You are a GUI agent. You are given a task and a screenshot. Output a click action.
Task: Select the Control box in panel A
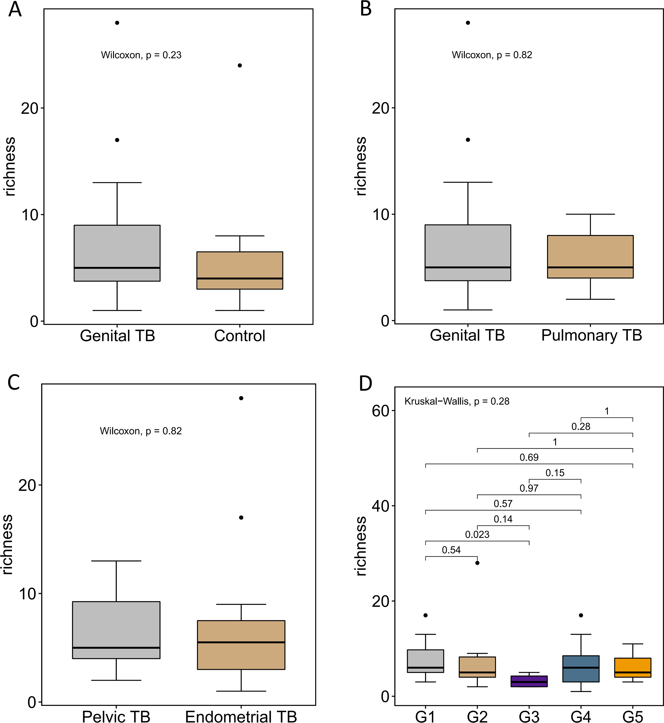[x=240, y=270]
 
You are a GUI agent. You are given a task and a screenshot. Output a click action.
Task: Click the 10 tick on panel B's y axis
[x=381, y=214]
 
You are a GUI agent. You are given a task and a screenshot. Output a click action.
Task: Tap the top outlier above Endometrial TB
[x=241, y=398]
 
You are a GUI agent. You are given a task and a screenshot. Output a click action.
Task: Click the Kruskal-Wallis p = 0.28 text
[x=457, y=401]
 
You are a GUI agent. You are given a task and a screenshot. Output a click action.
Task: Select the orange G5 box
[x=633, y=667]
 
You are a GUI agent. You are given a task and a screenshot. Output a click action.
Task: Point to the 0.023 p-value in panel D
[x=477, y=535]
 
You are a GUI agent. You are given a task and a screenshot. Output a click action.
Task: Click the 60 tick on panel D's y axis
[x=381, y=411]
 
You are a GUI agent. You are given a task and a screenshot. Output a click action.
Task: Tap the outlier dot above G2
[x=477, y=563]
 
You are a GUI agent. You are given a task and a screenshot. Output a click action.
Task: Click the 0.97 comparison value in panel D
[x=529, y=488]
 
